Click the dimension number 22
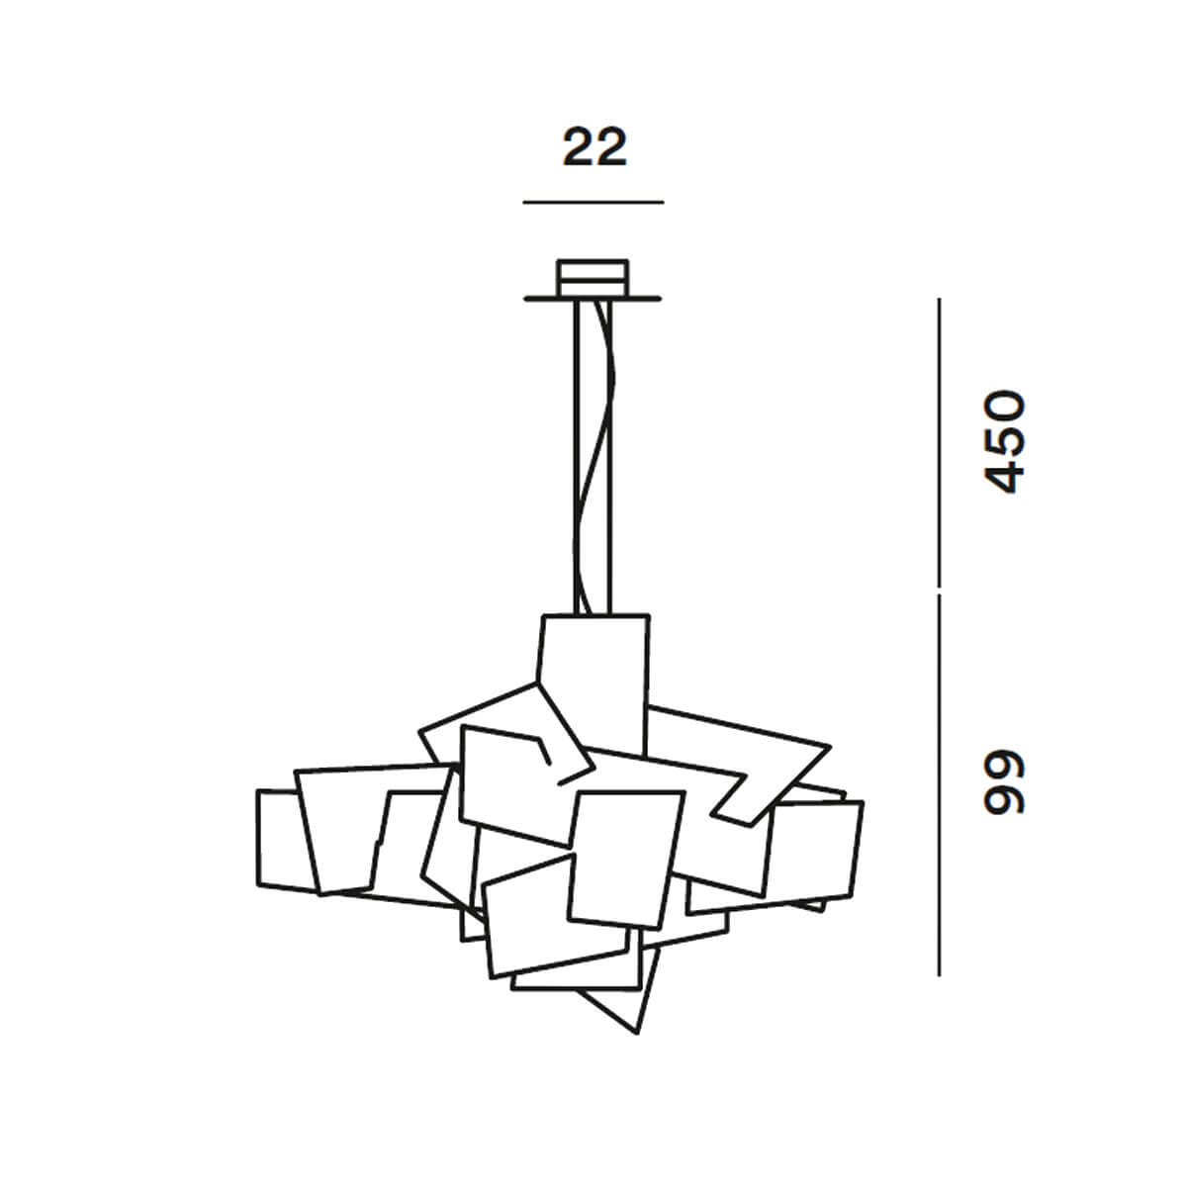594,146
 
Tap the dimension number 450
1005,441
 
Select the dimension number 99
1005,782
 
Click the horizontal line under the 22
593,202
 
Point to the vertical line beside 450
939,442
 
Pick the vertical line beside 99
939,784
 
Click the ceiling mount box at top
593,278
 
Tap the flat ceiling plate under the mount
593,299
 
